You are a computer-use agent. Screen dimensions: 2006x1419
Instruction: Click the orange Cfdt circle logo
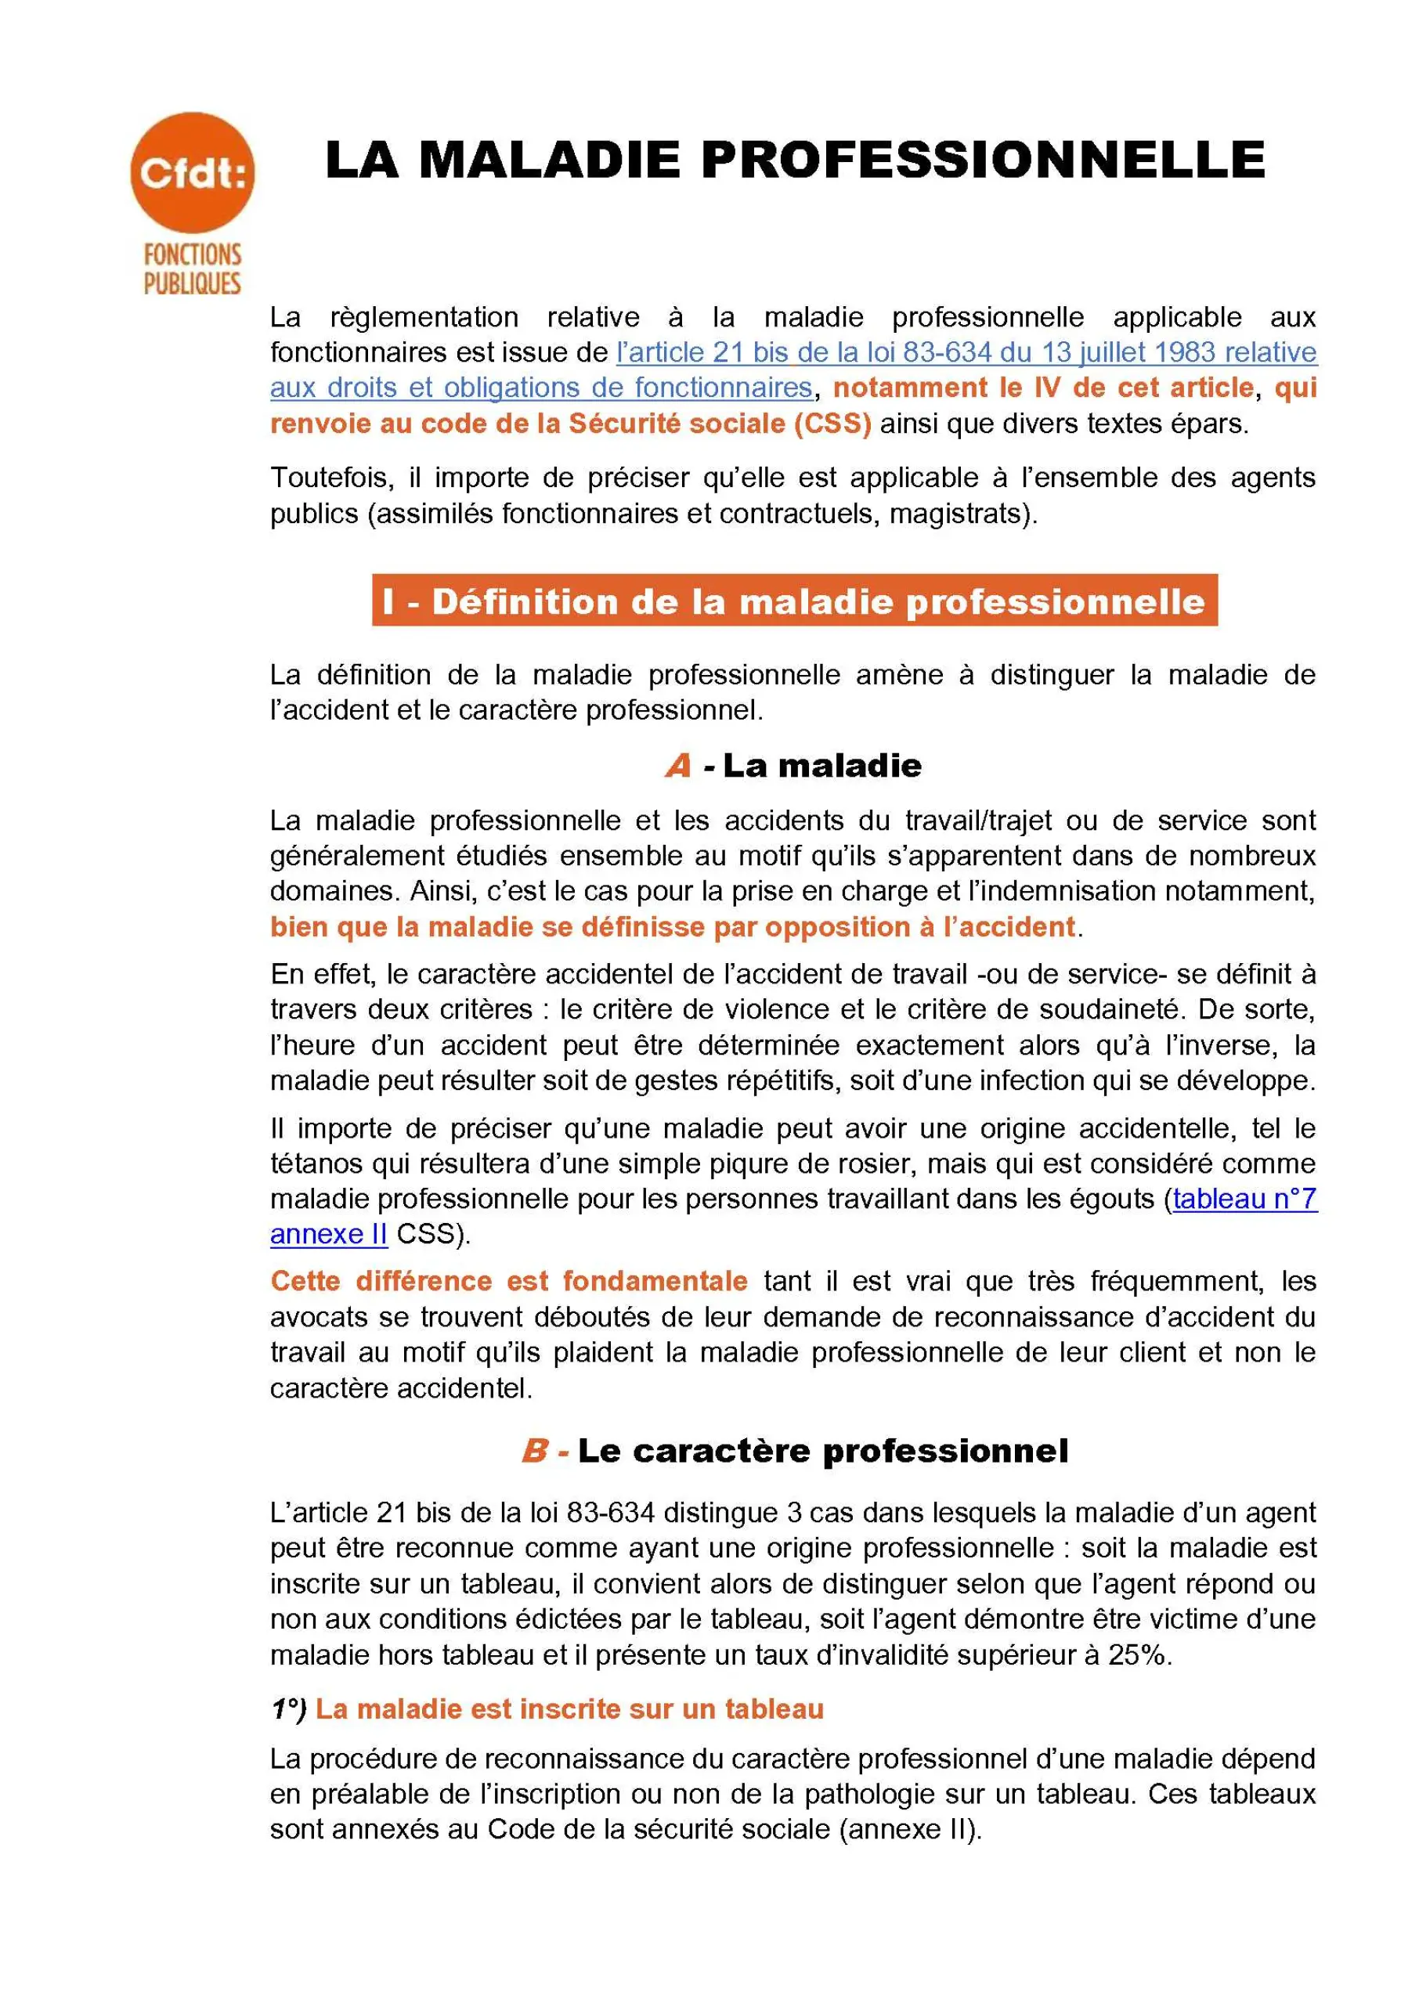pyautogui.click(x=192, y=171)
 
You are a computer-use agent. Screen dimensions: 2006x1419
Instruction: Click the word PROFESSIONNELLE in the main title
pyautogui.click(x=982, y=160)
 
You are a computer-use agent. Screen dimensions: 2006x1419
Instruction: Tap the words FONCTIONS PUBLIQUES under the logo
pyautogui.click(x=192, y=269)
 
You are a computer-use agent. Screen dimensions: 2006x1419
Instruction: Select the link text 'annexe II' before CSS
pyautogui.click(x=329, y=1234)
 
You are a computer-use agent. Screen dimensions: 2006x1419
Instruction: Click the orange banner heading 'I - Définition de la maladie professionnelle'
pyautogui.click(x=794, y=601)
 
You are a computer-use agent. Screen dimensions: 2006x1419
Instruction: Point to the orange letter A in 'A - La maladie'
pyautogui.click(x=678, y=767)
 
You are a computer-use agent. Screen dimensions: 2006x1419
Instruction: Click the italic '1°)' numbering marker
pyautogui.click(x=288, y=1710)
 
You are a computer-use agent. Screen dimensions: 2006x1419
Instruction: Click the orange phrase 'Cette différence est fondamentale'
pyautogui.click(x=508, y=1282)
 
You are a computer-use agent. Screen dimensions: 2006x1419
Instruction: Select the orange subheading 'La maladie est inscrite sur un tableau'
pyautogui.click(x=569, y=1710)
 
